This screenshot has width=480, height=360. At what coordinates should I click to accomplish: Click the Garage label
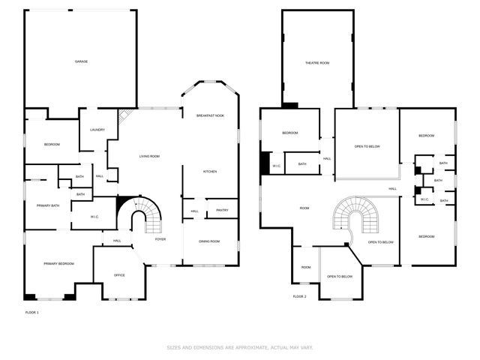[81, 61]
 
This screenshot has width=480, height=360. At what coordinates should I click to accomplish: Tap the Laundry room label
[97, 130]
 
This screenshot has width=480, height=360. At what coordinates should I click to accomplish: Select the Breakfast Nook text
[210, 115]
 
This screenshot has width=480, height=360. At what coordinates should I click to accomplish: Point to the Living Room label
[149, 156]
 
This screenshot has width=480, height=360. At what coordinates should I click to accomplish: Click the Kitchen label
[210, 172]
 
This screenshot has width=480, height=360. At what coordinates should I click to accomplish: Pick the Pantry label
[222, 211]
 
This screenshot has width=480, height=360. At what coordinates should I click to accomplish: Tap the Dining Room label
[209, 241]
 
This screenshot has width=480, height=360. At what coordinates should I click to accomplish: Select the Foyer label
[160, 239]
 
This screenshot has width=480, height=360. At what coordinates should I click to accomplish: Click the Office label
[119, 275]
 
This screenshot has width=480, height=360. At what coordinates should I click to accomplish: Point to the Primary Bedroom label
[58, 263]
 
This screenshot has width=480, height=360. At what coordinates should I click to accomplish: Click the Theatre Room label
[317, 63]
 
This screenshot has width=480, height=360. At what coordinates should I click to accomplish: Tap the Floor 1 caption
[31, 312]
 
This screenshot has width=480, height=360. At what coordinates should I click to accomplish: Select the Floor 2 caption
[299, 296]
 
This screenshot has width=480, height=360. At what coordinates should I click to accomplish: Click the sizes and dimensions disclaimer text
[239, 347]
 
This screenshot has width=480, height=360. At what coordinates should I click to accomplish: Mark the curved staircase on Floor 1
[142, 217]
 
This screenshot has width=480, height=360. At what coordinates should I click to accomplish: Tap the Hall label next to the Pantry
[194, 211]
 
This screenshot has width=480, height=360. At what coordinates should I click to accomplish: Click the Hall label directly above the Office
[117, 241]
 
